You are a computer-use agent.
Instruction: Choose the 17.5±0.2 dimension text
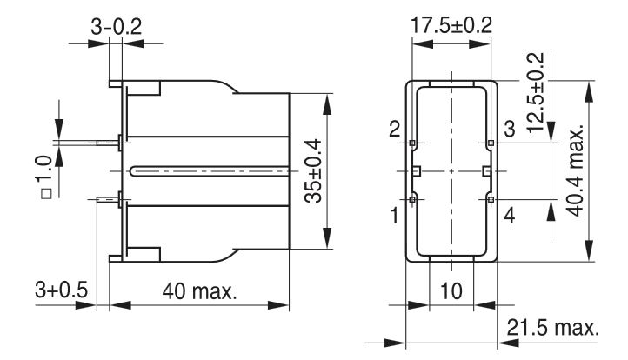coord(451,24)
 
